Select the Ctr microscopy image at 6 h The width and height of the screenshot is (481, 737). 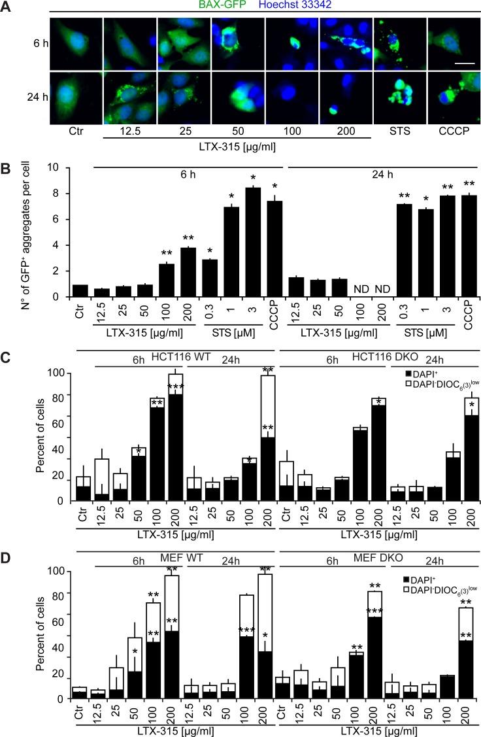(x=77, y=44)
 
